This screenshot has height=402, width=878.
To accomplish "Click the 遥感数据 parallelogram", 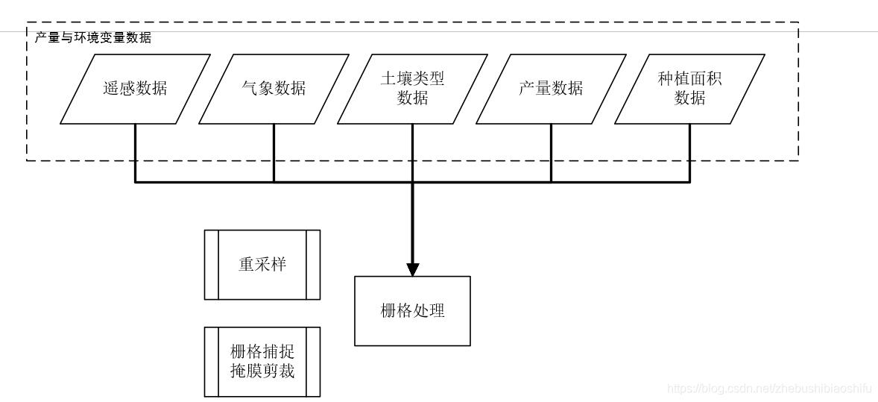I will click(135, 89).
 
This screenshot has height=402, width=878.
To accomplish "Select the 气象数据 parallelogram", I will click(274, 89).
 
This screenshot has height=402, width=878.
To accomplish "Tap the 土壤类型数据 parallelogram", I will click(412, 89).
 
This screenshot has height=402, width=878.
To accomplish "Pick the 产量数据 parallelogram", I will click(551, 89).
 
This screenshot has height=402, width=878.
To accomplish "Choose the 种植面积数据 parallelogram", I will click(689, 89).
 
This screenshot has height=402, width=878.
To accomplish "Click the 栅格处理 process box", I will click(412, 311).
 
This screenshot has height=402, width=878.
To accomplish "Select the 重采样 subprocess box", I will click(262, 265).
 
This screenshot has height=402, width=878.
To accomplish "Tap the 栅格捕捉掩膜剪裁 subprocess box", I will click(262, 362).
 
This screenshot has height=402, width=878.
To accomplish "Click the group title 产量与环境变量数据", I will click(93, 37).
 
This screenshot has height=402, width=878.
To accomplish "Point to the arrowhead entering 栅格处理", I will click(412, 268).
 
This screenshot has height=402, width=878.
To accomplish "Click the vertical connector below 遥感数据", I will click(135, 152).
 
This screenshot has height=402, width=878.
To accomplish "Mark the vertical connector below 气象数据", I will click(274, 152).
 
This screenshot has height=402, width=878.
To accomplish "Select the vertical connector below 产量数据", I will click(551, 152).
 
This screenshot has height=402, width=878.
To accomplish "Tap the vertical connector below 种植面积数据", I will click(689, 152).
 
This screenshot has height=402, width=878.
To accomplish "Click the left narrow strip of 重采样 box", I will click(212, 265).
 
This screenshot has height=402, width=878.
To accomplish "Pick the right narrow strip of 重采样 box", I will click(313, 265).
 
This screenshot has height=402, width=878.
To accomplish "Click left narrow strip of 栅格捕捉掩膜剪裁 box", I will click(212, 362).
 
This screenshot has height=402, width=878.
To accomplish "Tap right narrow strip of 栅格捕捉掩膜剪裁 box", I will click(313, 362).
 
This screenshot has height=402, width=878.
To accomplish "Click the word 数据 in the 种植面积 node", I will click(689, 98).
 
